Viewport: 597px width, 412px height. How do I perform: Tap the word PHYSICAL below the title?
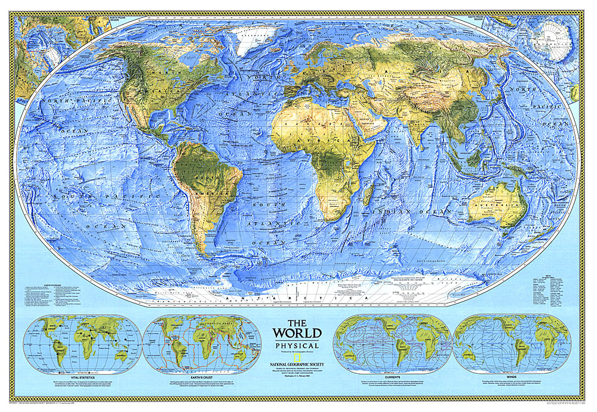tap(297, 345)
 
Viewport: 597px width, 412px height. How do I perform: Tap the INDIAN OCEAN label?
tap(412, 212)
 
